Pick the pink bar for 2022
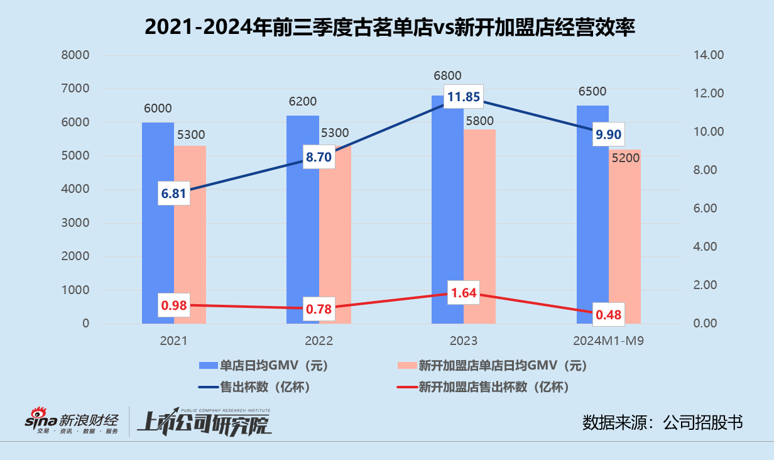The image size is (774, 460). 335,251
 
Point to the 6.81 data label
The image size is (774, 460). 173,194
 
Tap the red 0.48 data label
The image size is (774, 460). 608,314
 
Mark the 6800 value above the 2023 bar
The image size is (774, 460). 447,75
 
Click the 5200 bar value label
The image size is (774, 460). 626,158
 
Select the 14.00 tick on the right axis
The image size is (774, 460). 709,55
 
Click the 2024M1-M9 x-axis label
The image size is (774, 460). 608,341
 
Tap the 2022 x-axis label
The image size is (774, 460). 319,341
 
